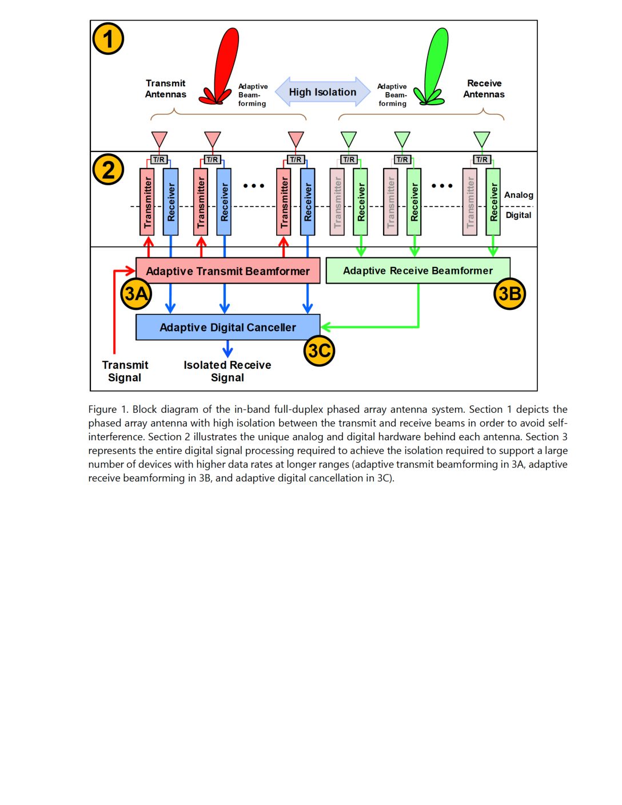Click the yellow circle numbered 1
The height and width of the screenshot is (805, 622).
pos(108,39)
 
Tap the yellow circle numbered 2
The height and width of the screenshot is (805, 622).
pos(108,170)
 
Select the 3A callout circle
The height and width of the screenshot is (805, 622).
pos(136,294)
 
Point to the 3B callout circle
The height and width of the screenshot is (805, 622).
pos(510,294)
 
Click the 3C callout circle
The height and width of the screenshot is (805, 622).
pos(319,350)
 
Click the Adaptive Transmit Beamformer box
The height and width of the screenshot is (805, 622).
pos(228,271)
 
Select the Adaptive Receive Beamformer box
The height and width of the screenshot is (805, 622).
pos(418,271)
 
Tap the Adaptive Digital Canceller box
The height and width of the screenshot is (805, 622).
pos(228,327)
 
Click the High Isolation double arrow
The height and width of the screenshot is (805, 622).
pos(322,92)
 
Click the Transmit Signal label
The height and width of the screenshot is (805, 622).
pos(125,371)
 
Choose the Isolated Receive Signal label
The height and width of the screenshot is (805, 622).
pos(228,371)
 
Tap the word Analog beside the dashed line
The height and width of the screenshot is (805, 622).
pos(519,195)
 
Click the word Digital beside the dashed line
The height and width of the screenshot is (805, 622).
pos(519,215)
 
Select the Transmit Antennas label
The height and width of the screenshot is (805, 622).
pos(166,89)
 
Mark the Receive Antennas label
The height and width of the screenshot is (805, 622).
pos(484,89)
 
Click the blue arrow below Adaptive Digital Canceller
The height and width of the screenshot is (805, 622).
pos(228,349)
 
